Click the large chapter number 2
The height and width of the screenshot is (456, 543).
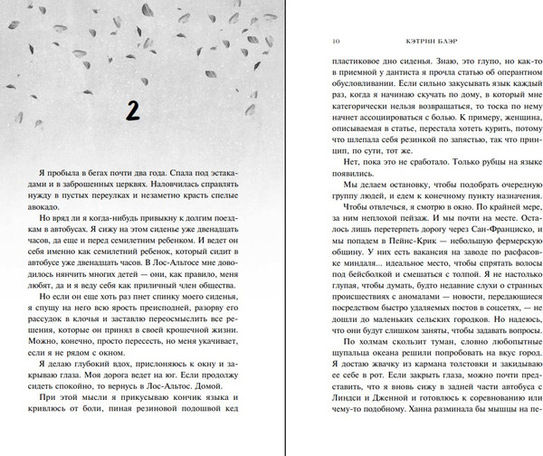[x=131, y=110]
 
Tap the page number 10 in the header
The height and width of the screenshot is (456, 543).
[x=337, y=40]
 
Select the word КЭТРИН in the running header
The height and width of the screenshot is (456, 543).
[x=404, y=40]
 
